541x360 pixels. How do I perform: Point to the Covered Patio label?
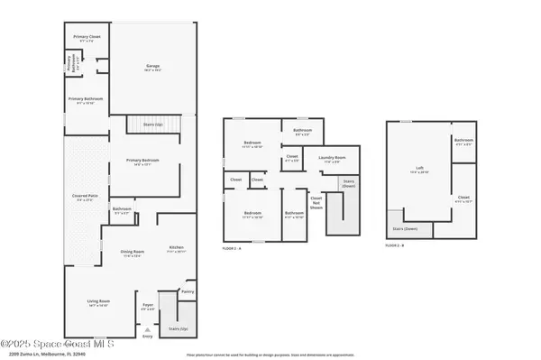pos(85,197)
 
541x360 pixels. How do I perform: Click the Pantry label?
pos(188,292)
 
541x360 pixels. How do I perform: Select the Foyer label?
pos(149,307)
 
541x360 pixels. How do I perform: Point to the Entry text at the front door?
pos(148,337)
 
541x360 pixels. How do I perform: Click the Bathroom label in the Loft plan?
pos(463,141)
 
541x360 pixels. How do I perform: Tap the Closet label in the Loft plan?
pos(463,200)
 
